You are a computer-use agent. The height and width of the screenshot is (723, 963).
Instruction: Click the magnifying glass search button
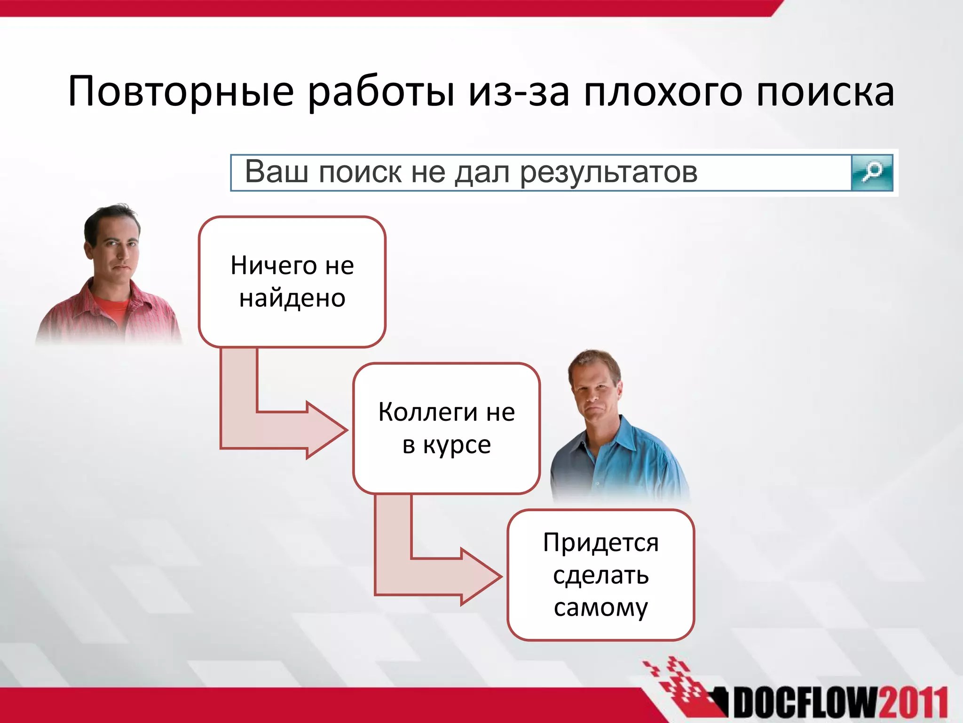pyautogui.click(x=872, y=173)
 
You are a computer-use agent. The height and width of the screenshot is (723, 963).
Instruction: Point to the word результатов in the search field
pyautogui.click(x=608, y=172)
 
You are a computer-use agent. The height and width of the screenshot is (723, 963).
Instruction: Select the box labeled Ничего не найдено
pyautogui.click(x=292, y=281)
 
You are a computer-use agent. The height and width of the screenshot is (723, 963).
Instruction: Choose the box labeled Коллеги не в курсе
pyautogui.click(x=446, y=428)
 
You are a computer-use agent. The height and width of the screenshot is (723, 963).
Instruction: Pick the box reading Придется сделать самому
pyautogui.click(x=600, y=575)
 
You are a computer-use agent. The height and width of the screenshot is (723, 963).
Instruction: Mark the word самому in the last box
pyautogui.click(x=600, y=607)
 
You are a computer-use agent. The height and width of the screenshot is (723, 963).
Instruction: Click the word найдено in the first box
pyautogui.click(x=292, y=298)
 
